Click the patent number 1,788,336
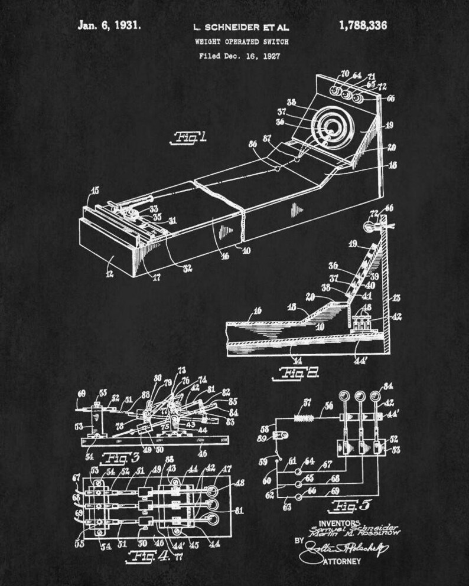coord(363,25)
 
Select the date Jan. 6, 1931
coord(109,25)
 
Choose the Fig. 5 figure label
coord(344,505)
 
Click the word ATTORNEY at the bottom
coord(341,561)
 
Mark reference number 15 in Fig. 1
coord(95,191)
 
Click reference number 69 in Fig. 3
coord(82,393)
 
